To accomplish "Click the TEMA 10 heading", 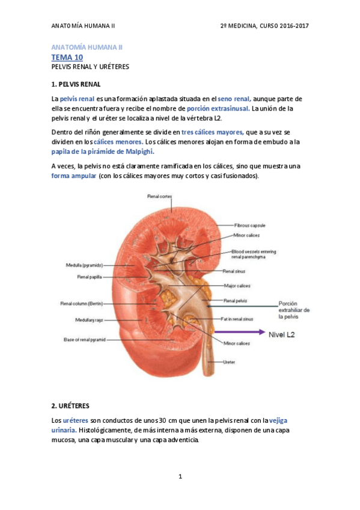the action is (67, 57).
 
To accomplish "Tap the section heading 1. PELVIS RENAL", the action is (77, 84).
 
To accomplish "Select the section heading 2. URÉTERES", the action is (72, 406).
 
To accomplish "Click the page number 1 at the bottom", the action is (180, 476).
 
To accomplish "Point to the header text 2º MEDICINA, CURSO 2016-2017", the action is (265, 26).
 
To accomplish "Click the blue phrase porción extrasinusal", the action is (218, 108).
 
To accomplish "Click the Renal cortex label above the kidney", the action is (160, 196).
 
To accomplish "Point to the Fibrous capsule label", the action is (250, 225).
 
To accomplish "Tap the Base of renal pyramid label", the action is (85, 340).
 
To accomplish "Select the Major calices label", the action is (237, 286).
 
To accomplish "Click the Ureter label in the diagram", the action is (229, 362).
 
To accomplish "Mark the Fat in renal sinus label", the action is (237, 319).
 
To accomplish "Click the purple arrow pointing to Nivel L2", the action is (239, 331).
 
